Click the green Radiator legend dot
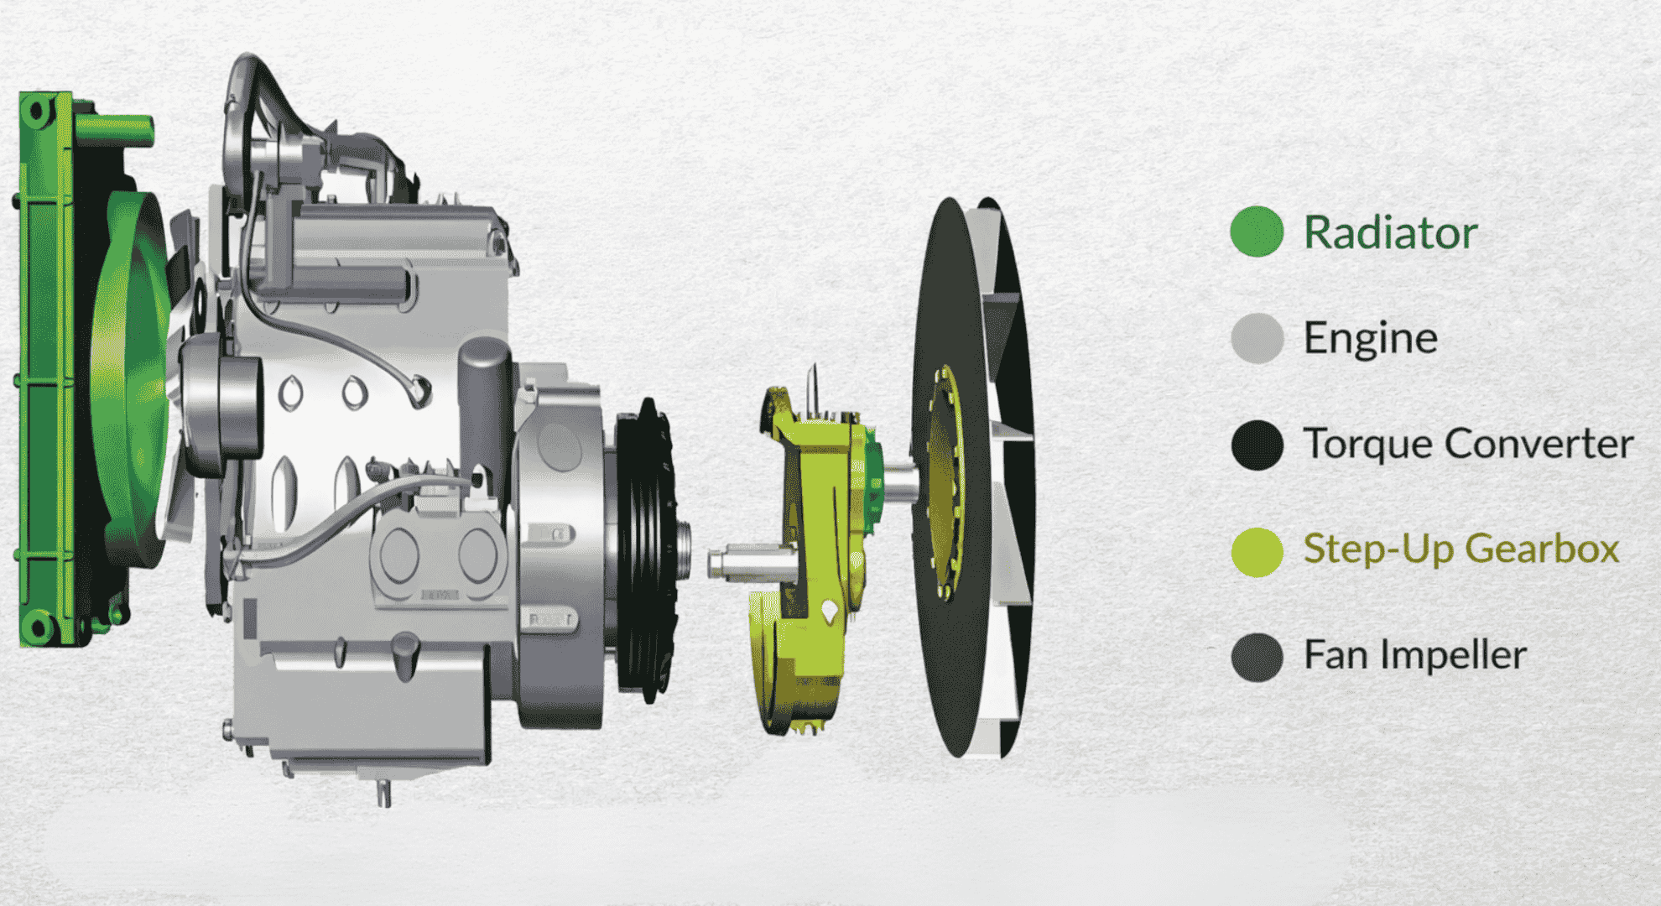tap(1257, 232)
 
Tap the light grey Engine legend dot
tap(1257, 338)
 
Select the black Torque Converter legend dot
tap(1257, 445)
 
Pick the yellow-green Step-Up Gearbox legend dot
tap(1257, 551)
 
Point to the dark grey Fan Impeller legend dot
tap(1257, 657)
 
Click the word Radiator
tap(1390, 232)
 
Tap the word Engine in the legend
tap(1371, 339)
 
